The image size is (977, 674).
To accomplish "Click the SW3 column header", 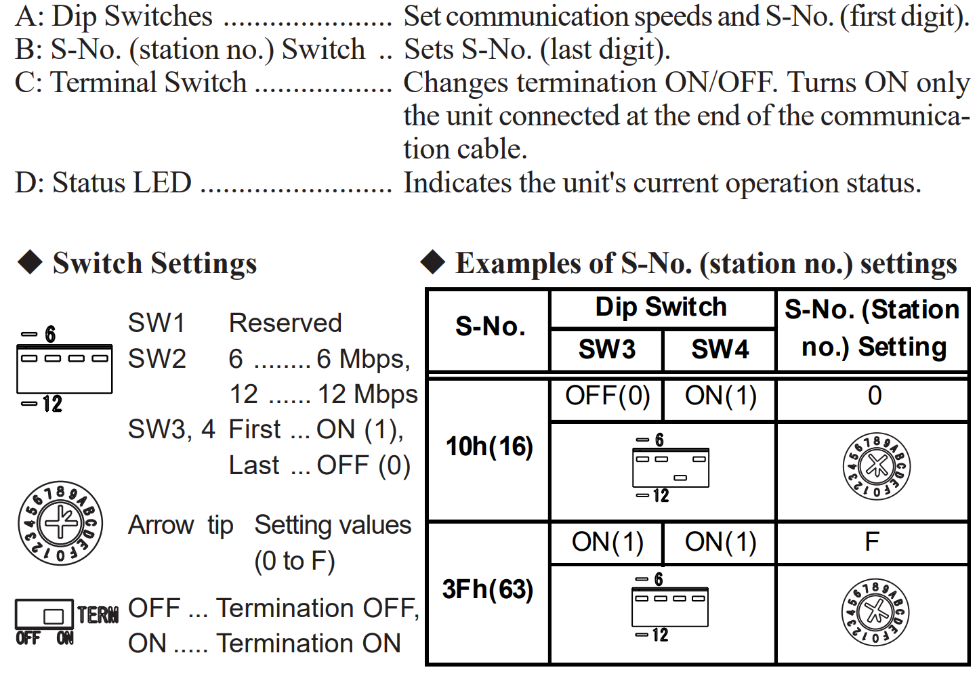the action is tap(606, 350).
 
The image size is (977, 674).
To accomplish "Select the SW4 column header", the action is tap(720, 350).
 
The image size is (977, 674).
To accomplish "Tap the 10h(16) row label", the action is tap(489, 446).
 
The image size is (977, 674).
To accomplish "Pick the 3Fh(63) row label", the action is tap(488, 589).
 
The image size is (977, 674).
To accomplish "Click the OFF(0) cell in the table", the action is tap(608, 396).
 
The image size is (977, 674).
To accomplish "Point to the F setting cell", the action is tap(872, 542).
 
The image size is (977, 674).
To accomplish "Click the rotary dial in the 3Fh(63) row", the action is tap(875, 612).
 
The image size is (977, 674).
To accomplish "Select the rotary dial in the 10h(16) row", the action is tap(876, 466).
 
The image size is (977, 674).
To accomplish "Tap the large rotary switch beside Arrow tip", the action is tap(60, 523).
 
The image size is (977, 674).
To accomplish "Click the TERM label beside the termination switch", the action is tap(98, 614).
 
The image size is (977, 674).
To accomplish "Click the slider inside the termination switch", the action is tap(54, 616).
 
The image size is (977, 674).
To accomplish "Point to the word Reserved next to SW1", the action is tap(285, 323).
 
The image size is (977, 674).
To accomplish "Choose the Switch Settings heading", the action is tap(155, 264).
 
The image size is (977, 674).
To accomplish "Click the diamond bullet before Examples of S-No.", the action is tap(433, 261).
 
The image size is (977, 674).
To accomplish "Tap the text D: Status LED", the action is tap(104, 182).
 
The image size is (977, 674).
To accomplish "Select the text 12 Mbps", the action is tap(368, 394).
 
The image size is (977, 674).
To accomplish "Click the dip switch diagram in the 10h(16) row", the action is tap(670, 468).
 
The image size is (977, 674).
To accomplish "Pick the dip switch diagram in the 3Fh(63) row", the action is tap(669, 608).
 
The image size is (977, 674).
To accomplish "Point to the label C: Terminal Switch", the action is tap(131, 83).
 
